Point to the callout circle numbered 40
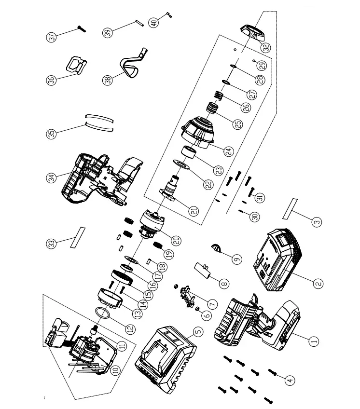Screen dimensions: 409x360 click(x=153, y=22)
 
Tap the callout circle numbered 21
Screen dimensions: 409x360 click(x=194, y=211)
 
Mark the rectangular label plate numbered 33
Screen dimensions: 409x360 click(x=77, y=238)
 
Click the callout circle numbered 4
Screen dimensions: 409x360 click(x=290, y=381)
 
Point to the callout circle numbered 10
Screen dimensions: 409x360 click(x=115, y=370)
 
